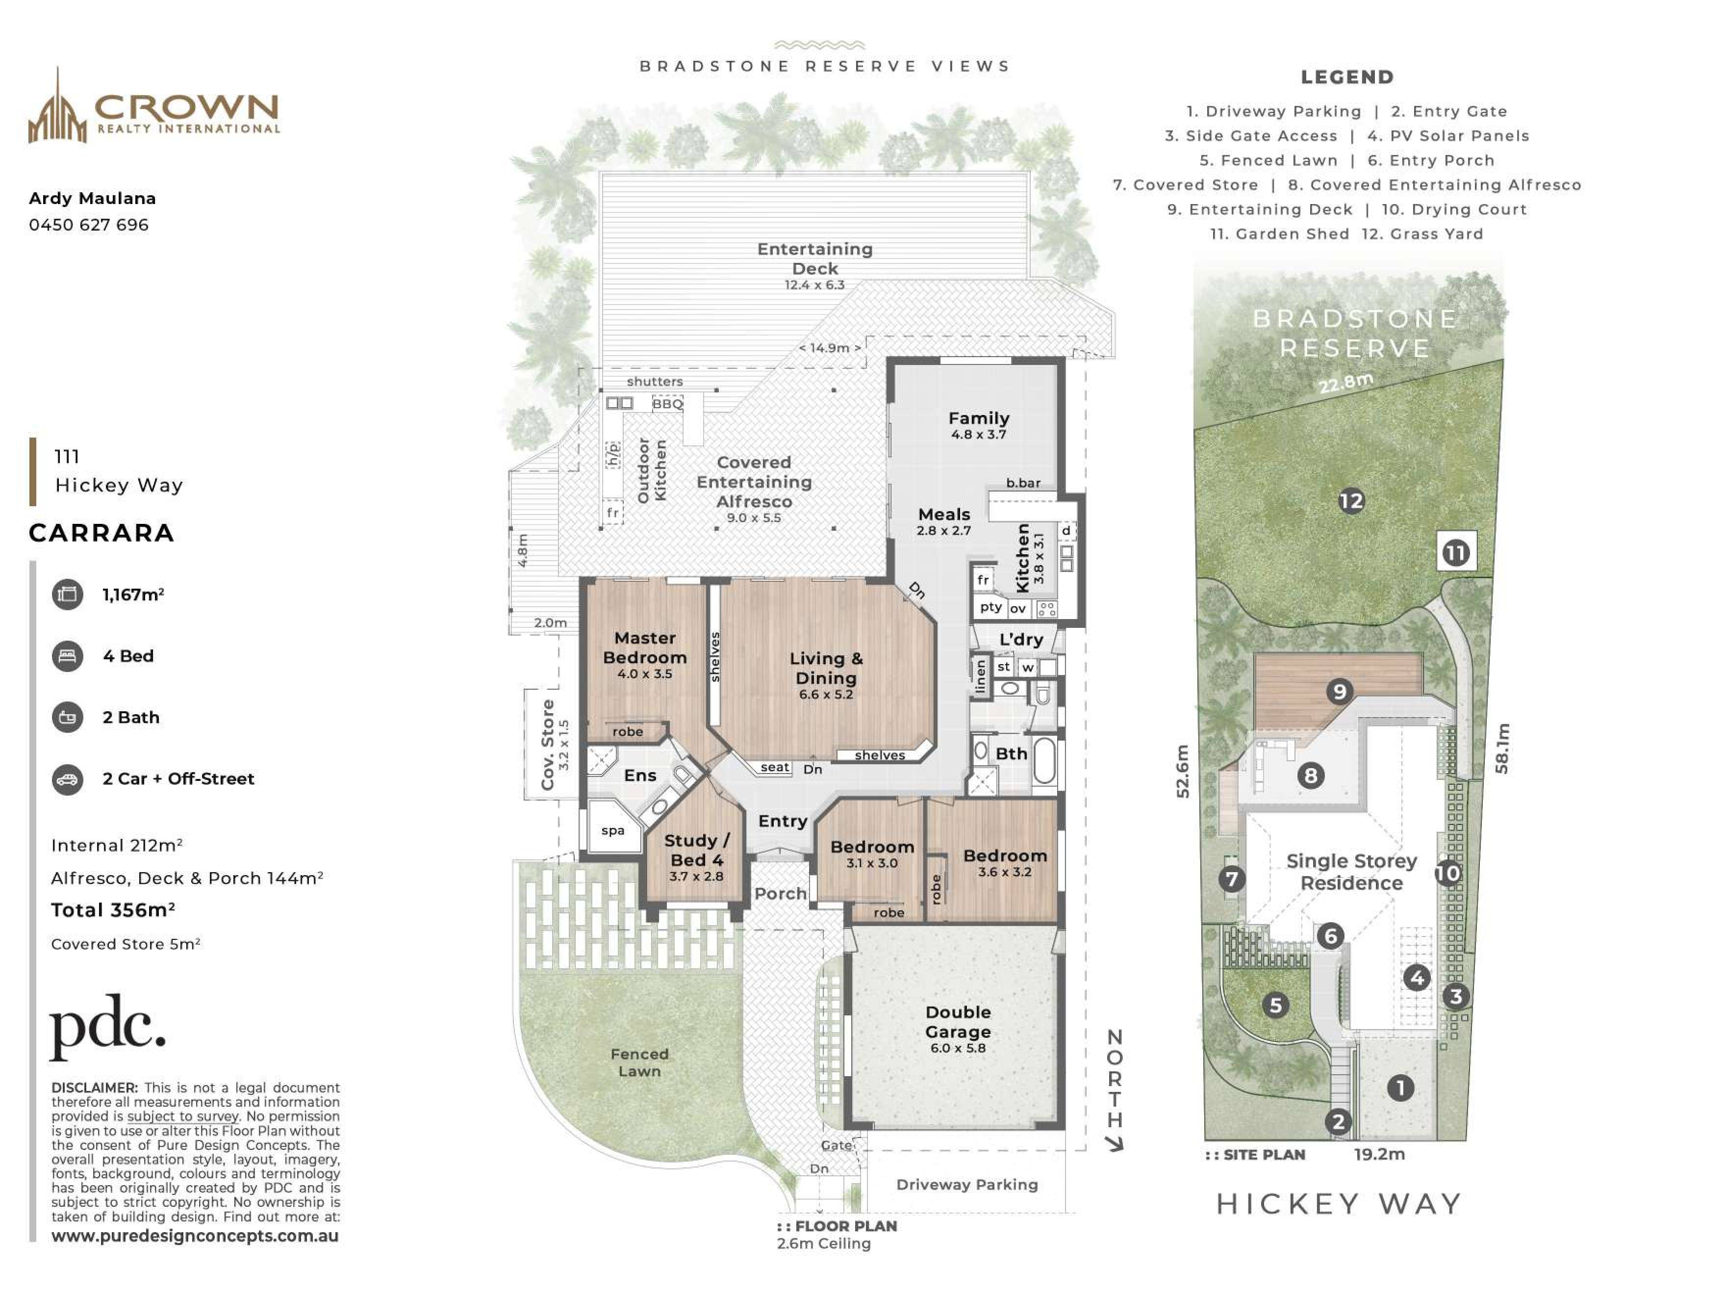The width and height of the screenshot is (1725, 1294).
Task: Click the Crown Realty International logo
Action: tap(153, 106)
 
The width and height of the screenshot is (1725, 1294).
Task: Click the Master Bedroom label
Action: tap(645, 648)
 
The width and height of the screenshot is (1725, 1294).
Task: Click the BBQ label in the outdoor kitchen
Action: tap(667, 404)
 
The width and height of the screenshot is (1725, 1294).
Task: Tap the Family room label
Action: tap(979, 419)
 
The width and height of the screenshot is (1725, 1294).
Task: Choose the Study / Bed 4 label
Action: tap(696, 850)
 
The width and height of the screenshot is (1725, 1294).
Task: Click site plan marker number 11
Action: tap(1456, 553)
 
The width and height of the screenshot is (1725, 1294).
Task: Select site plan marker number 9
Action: tap(1339, 691)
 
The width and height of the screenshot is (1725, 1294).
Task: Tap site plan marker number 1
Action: tap(1400, 1088)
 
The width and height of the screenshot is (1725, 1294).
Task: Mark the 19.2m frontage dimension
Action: tap(1379, 1154)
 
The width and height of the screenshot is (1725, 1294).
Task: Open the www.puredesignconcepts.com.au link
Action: tap(195, 1236)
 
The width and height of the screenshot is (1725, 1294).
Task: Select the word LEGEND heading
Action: tap(1347, 77)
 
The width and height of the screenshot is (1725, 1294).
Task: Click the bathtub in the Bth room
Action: tap(1044, 760)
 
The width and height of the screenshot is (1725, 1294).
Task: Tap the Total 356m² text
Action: tap(113, 910)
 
